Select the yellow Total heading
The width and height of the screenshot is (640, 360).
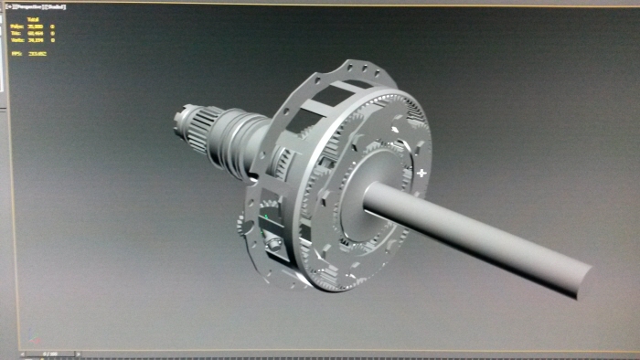click(x=34, y=18)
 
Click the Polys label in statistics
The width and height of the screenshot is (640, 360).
click(x=17, y=26)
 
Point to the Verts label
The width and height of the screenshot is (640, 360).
click(x=17, y=39)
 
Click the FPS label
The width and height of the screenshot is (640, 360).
click(x=16, y=54)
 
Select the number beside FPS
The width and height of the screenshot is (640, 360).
click(x=37, y=54)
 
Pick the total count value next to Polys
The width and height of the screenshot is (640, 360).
click(x=36, y=26)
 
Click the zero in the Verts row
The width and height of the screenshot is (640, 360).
click(x=53, y=39)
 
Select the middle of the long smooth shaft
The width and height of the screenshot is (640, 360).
click(x=475, y=238)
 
